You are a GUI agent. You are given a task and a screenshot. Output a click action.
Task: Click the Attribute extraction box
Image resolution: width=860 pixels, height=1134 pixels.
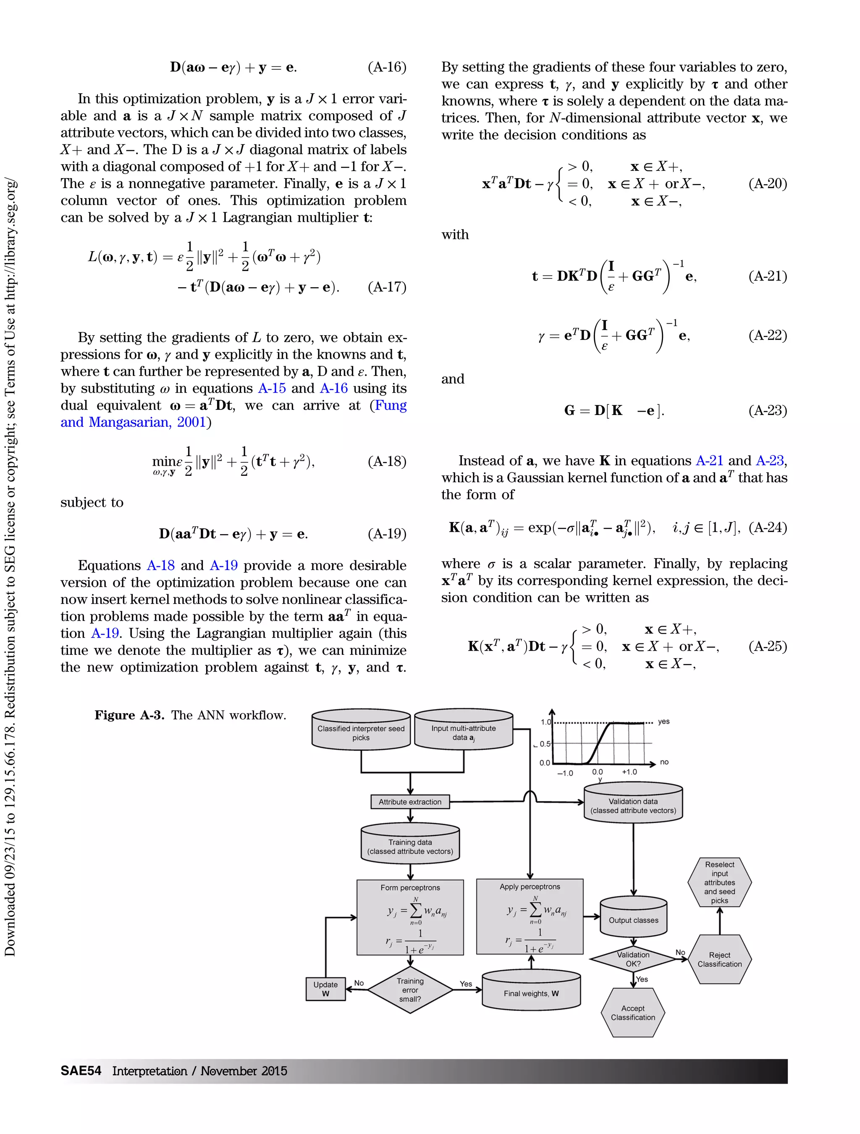(409, 802)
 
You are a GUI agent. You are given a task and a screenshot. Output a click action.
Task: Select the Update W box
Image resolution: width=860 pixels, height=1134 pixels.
(325, 989)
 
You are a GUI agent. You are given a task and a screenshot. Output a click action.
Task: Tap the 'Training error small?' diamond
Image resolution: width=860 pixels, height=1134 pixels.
(410, 990)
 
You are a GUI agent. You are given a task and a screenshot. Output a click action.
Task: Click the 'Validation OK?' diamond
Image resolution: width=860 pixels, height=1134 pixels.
(633, 959)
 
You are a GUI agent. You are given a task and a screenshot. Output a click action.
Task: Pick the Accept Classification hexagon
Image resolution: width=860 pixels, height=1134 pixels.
(633, 1013)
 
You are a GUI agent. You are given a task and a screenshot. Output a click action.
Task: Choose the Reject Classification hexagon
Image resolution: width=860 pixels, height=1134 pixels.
(720, 959)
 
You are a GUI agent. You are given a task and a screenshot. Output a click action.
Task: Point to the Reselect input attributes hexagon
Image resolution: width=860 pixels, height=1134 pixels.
(720, 882)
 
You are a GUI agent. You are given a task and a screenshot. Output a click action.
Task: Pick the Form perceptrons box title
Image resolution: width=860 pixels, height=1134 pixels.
(410, 887)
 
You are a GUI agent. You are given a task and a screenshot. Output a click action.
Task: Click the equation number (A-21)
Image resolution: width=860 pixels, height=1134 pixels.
(767, 276)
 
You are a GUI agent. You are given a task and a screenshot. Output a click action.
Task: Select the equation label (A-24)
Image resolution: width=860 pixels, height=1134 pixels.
(767, 528)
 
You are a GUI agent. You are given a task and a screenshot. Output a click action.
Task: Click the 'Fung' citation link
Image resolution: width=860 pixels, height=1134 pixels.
(391, 405)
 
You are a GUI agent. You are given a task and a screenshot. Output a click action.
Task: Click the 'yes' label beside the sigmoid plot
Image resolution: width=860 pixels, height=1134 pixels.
(664, 721)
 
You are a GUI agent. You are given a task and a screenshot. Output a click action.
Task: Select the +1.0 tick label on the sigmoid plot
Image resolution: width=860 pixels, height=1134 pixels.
(629, 772)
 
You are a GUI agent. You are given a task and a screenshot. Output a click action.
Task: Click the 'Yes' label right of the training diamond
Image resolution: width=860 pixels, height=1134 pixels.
(465, 983)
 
